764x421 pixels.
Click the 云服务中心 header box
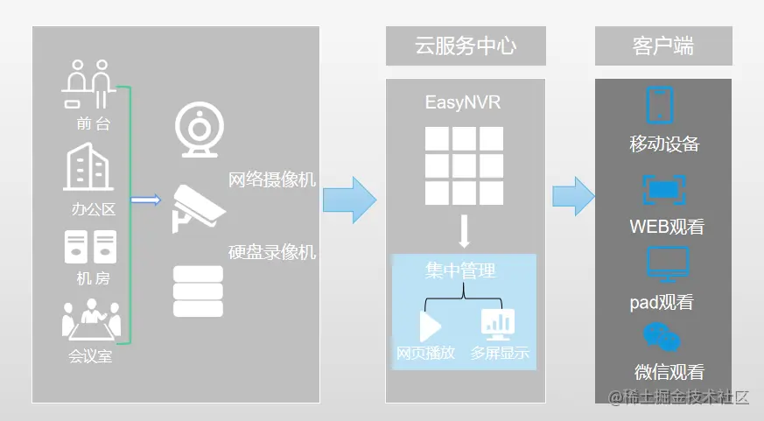pyautogui.click(x=465, y=46)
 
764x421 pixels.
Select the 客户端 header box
pyautogui.click(x=662, y=46)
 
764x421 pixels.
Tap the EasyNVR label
pyautogui.click(x=465, y=103)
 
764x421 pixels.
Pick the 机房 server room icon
pyautogui.click(x=90, y=247)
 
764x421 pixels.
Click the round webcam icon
pyautogui.click(x=199, y=130)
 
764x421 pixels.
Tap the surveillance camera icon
pyautogui.click(x=198, y=207)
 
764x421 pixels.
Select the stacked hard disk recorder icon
pyautogui.click(x=198, y=291)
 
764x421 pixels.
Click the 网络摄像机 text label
pyautogui.click(x=272, y=180)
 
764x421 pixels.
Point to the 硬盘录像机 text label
pyautogui.click(x=272, y=252)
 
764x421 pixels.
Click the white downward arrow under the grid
pyautogui.click(x=465, y=231)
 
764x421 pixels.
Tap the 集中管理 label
pyautogui.click(x=460, y=270)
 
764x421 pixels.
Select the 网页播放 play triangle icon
pyautogui.click(x=430, y=326)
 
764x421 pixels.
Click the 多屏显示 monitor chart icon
pyautogui.click(x=498, y=325)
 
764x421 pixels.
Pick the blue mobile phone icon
pyautogui.click(x=659, y=105)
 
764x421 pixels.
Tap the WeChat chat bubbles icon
pyautogui.click(x=662, y=337)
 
